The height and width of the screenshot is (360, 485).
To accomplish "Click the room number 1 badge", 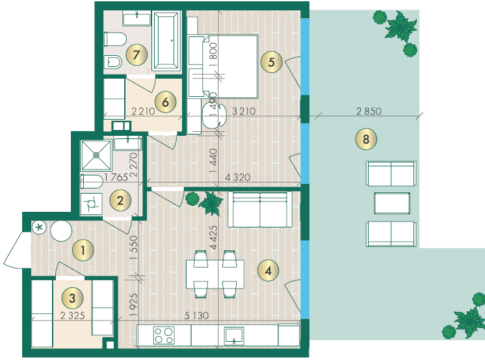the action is [x=83, y=250].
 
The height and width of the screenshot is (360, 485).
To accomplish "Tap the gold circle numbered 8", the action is [x=366, y=139].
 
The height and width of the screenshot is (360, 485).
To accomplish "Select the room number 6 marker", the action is [x=166, y=102].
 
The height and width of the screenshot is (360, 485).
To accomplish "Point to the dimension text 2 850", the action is [x=369, y=111].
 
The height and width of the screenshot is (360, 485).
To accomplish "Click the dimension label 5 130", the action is [x=196, y=315].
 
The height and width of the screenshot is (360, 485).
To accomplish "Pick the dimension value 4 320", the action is [x=237, y=177].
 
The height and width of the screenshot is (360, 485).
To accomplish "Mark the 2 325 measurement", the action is [x=72, y=315].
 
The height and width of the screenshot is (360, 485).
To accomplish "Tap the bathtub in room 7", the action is [x=166, y=40].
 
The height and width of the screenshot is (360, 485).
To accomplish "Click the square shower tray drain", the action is [x=96, y=155].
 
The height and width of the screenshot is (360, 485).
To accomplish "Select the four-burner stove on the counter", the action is [x=164, y=335].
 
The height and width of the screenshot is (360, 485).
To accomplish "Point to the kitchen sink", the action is [x=234, y=335].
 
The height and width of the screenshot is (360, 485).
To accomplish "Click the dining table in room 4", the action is [x=215, y=274].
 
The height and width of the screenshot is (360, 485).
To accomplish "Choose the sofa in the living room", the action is [x=260, y=210].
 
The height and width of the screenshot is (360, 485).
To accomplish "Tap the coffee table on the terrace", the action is [x=392, y=203].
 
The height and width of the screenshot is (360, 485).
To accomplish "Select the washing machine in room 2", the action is [x=91, y=204].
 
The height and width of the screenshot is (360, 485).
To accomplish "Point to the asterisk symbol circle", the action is [x=39, y=227].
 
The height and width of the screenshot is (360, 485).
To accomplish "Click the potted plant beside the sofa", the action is [x=205, y=203].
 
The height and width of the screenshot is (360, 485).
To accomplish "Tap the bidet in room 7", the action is [x=112, y=62].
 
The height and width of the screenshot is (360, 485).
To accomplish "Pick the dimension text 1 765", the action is [x=116, y=177].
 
